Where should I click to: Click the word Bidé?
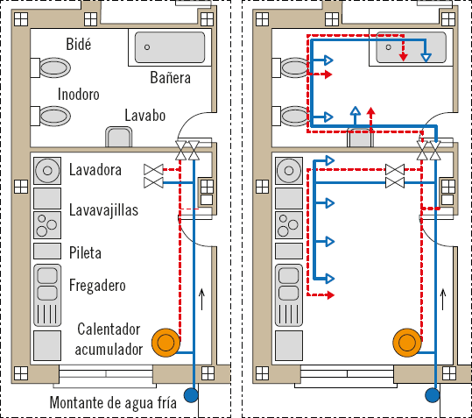pyautogui.click(x=78, y=45)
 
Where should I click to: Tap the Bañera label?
pyautogui.click(x=171, y=78)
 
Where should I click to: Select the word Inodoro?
pyautogui.click(x=78, y=95)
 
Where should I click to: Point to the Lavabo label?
pyautogui.click(x=145, y=116)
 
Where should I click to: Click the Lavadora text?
pyautogui.click(x=95, y=170)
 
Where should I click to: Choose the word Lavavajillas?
pyautogui.click(x=103, y=210)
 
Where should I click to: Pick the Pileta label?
pyautogui.click(x=85, y=252)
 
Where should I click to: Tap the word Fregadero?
pyautogui.click(x=97, y=286)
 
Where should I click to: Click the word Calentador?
pyautogui.click(x=109, y=329)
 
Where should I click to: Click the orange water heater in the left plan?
pyautogui.click(x=166, y=343)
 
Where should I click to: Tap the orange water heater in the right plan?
pyautogui.click(x=407, y=343)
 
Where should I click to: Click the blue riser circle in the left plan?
pyautogui.click(x=191, y=395)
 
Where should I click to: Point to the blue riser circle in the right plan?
pyautogui.click(x=433, y=395)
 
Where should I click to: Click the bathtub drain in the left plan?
pyautogui.click(x=147, y=47)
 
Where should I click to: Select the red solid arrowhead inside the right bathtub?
pyautogui.click(x=404, y=57)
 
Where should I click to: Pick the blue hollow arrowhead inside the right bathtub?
pyautogui.click(x=426, y=58)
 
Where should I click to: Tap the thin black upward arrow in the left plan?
pyautogui.click(x=202, y=299)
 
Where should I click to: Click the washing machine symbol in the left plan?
pyautogui.click(x=47, y=171)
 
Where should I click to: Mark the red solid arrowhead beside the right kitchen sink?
pyautogui.click(x=330, y=295)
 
